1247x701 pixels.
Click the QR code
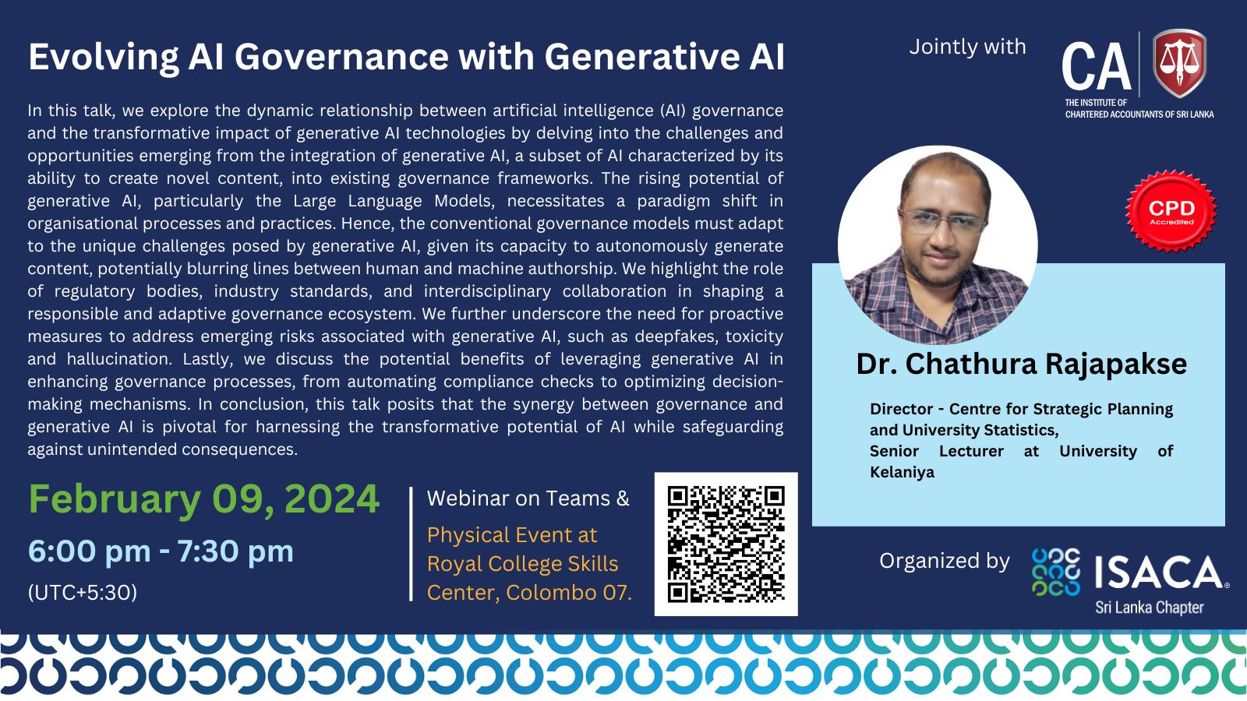(x=726, y=544)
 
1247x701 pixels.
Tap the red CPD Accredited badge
(x=1171, y=211)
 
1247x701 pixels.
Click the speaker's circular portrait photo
(x=938, y=245)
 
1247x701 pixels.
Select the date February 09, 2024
(x=203, y=499)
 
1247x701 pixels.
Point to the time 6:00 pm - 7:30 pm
(x=161, y=551)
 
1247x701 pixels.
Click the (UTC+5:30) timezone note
(x=83, y=593)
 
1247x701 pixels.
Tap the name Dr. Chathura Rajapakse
(x=1022, y=364)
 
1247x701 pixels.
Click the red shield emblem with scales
(x=1180, y=63)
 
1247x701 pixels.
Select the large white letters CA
(x=1096, y=68)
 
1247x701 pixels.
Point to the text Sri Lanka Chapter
(x=1150, y=608)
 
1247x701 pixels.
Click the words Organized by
(x=944, y=561)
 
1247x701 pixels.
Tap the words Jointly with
(x=967, y=47)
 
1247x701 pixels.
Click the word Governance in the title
(x=341, y=57)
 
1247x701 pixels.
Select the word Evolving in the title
(x=104, y=58)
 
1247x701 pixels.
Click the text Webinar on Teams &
(x=528, y=498)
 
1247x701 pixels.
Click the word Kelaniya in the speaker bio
(x=902, y=472)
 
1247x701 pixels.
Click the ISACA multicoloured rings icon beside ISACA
(x=1056, y=572)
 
